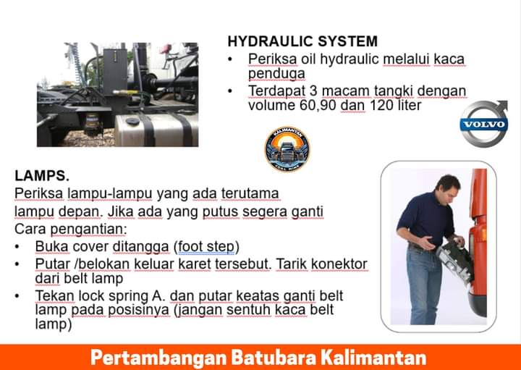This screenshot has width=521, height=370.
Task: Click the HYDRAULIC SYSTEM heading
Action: [302, 41]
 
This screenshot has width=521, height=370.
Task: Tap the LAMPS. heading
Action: [42, 175]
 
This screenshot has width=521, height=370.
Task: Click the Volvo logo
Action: [484, 124]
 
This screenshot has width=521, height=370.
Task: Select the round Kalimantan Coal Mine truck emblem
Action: [287, 148]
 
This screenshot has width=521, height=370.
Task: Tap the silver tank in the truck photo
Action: [156, 130]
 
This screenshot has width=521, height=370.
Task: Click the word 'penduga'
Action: [276, 73]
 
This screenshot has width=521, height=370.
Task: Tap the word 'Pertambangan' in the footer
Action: [158, 358]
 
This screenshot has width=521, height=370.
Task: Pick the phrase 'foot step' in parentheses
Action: [206, 247]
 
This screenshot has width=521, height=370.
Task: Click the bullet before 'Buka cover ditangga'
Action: [17, 247]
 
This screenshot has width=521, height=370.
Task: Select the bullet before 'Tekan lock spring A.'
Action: [17, 296]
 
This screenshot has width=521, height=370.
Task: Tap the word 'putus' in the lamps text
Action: [220, 211]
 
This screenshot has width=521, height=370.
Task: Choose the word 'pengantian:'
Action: [88, 230]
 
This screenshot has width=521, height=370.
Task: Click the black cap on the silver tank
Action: [132, 121]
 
